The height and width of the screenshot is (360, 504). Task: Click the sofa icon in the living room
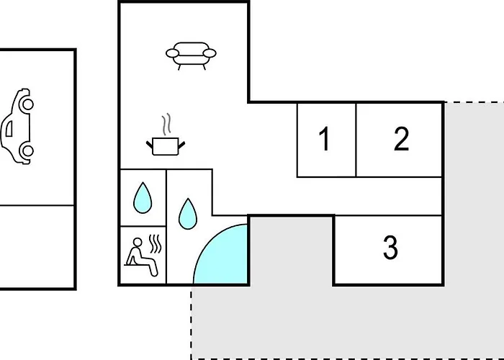tap(191, 56)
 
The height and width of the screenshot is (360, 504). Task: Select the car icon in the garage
tap(17, 126)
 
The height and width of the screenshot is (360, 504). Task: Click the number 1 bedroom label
tap(324, 138)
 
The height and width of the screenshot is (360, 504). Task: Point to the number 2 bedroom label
tap(402, 138)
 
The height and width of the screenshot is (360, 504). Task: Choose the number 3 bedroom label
tap(390, 247)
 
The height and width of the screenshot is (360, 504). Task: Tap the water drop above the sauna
tap(143, 198)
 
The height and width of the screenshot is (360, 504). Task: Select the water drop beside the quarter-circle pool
tap(188, 214)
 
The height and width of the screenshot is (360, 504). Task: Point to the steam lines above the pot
tap(166, 124)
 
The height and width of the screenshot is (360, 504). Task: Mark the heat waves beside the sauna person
tap(156, 244)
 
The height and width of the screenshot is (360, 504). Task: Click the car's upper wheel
tap(27, 104)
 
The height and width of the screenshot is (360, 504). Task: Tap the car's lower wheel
tap(27, 150)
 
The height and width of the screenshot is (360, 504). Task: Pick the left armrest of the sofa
tap(173, 53)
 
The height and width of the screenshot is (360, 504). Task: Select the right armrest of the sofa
tap(210, 53)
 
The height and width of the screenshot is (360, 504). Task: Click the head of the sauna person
tap(138, 242)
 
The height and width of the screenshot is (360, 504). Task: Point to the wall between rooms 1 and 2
tap(356, 140)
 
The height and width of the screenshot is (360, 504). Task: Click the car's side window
tap(9, 128)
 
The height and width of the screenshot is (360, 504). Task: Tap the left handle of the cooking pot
tap(150, 145)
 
